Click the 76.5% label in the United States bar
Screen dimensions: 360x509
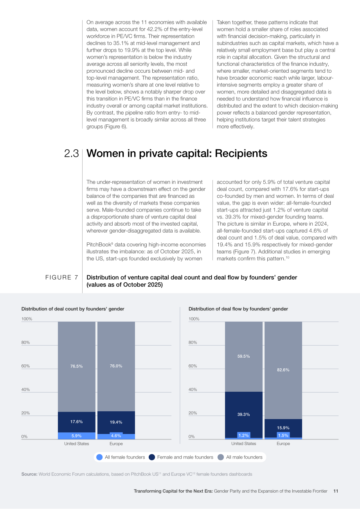[76, 366]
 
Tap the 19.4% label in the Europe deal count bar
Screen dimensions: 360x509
[116, 422]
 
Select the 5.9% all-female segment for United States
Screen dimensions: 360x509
[77, 436]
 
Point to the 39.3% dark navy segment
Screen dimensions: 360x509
[243, 415]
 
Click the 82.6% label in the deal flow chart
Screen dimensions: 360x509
[283, 370]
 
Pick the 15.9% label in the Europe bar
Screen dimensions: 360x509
[283, 428]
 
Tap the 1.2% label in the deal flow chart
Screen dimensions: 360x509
[243, 436]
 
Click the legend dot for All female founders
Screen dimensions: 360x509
[99, 457]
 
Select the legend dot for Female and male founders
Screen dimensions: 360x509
[152, 457]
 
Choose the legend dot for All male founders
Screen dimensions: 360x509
[221, 457]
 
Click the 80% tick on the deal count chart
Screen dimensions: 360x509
[25, 342]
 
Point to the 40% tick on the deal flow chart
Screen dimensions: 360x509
[193, 389]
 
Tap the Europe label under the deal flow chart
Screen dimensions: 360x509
[283, 444]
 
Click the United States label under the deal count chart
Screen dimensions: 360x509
[76, 444]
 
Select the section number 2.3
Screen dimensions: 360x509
[71, 153]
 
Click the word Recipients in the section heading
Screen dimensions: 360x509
[241, 153]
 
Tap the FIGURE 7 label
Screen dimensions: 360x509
[61, 278]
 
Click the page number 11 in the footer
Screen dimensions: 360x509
[336, 491]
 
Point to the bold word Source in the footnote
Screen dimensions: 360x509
[29, 474]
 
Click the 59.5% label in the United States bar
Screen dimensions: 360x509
[243, 356]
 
